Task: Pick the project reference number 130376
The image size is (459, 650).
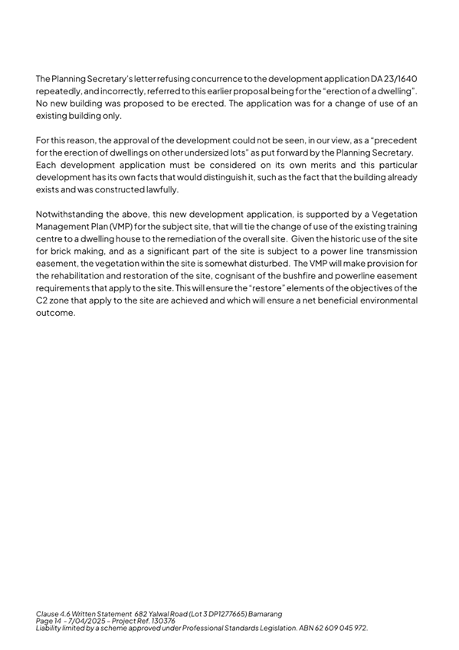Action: pyautogui.click(x=159, y=621)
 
